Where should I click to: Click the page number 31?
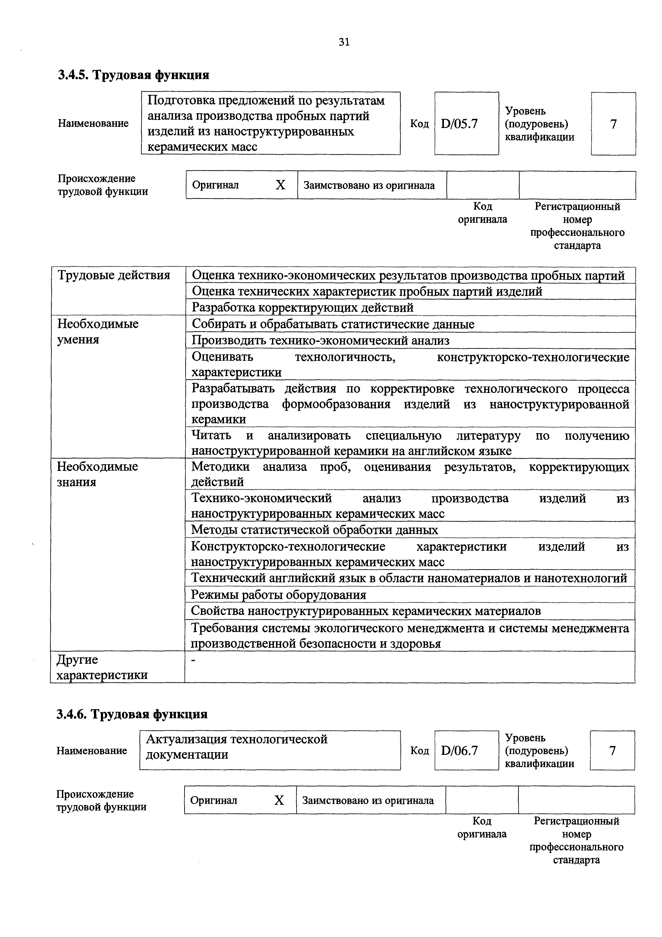coord(344,42)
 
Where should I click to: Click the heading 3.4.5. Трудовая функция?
coord(133,75)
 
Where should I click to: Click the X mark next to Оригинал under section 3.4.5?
coord(280,185)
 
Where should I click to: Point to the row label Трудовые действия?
coord(114,275)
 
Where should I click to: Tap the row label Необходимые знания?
coord(97,474)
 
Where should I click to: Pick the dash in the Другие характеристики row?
coord(194,660)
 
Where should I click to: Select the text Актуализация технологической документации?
coord(237,747)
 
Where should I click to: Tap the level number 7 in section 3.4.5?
coord(613,124)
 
